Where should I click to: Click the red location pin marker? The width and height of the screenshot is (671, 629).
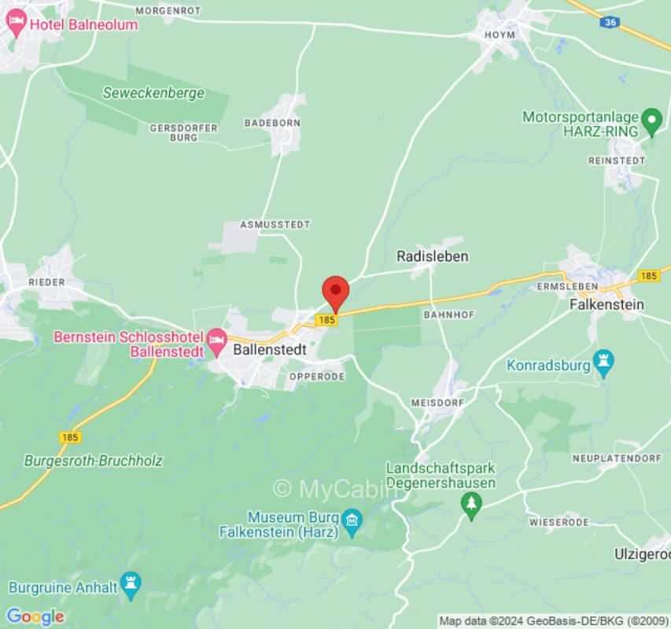click(x=336, y=292)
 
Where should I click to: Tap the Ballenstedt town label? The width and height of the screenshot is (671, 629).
click(x=269, y=351)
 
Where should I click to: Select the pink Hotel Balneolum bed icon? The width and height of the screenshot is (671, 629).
click(x=16, y=24)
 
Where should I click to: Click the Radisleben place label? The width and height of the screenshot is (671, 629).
click(x=432, y=256)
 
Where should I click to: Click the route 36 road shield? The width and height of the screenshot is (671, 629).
click(x=610, y=23)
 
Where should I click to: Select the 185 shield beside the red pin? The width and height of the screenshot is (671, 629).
click(x=326, y=320)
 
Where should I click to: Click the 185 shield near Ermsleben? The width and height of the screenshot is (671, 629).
click(x=649, y=276)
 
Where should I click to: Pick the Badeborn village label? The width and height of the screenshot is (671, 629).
click(x=272, y=123)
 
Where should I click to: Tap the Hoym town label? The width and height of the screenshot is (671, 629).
click(x=500, y=35)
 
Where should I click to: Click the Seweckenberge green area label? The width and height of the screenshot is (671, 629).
click(x=153, y=93)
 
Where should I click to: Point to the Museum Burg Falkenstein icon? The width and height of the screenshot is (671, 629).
click(x=352, y=519)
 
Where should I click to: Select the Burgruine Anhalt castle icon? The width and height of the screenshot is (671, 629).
click(x=131, y=586)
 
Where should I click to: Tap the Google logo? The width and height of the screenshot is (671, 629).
click(x=35, y=616)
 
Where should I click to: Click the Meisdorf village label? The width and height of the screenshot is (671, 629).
click(x=433, y=403)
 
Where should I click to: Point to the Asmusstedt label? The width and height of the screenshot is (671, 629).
click(x=275, y=225)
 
